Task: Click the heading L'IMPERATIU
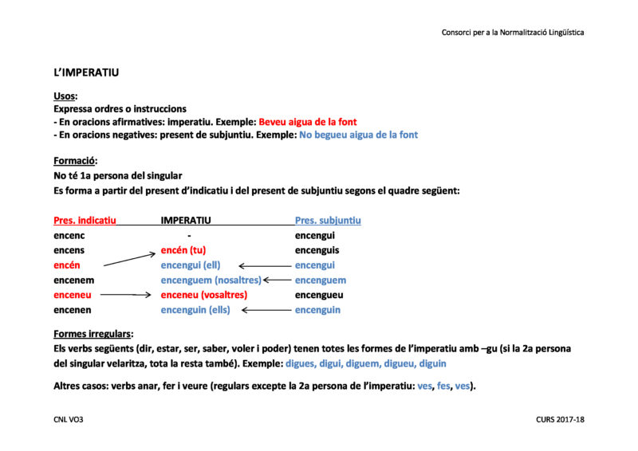[x=86, y=73]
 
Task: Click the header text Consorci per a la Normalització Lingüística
[x=513, y=33]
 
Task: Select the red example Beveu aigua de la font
[x=308, y=122]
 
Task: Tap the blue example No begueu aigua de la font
[x=358, y=135]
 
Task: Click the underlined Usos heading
[x=65, y=96]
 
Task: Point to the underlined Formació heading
[x=75, y=161]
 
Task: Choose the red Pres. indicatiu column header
[x=85, y=220]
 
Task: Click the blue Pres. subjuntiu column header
[x=328, y=220]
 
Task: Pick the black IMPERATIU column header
[x=186, y=220]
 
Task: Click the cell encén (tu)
[x=183, y=250]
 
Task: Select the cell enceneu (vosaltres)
[x=204, y=295]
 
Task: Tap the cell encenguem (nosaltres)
[x=211, y=280]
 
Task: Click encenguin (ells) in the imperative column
[x=195, y=310]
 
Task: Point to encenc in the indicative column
[x=69, y=236]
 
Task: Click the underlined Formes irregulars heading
[x=93, y=334]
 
